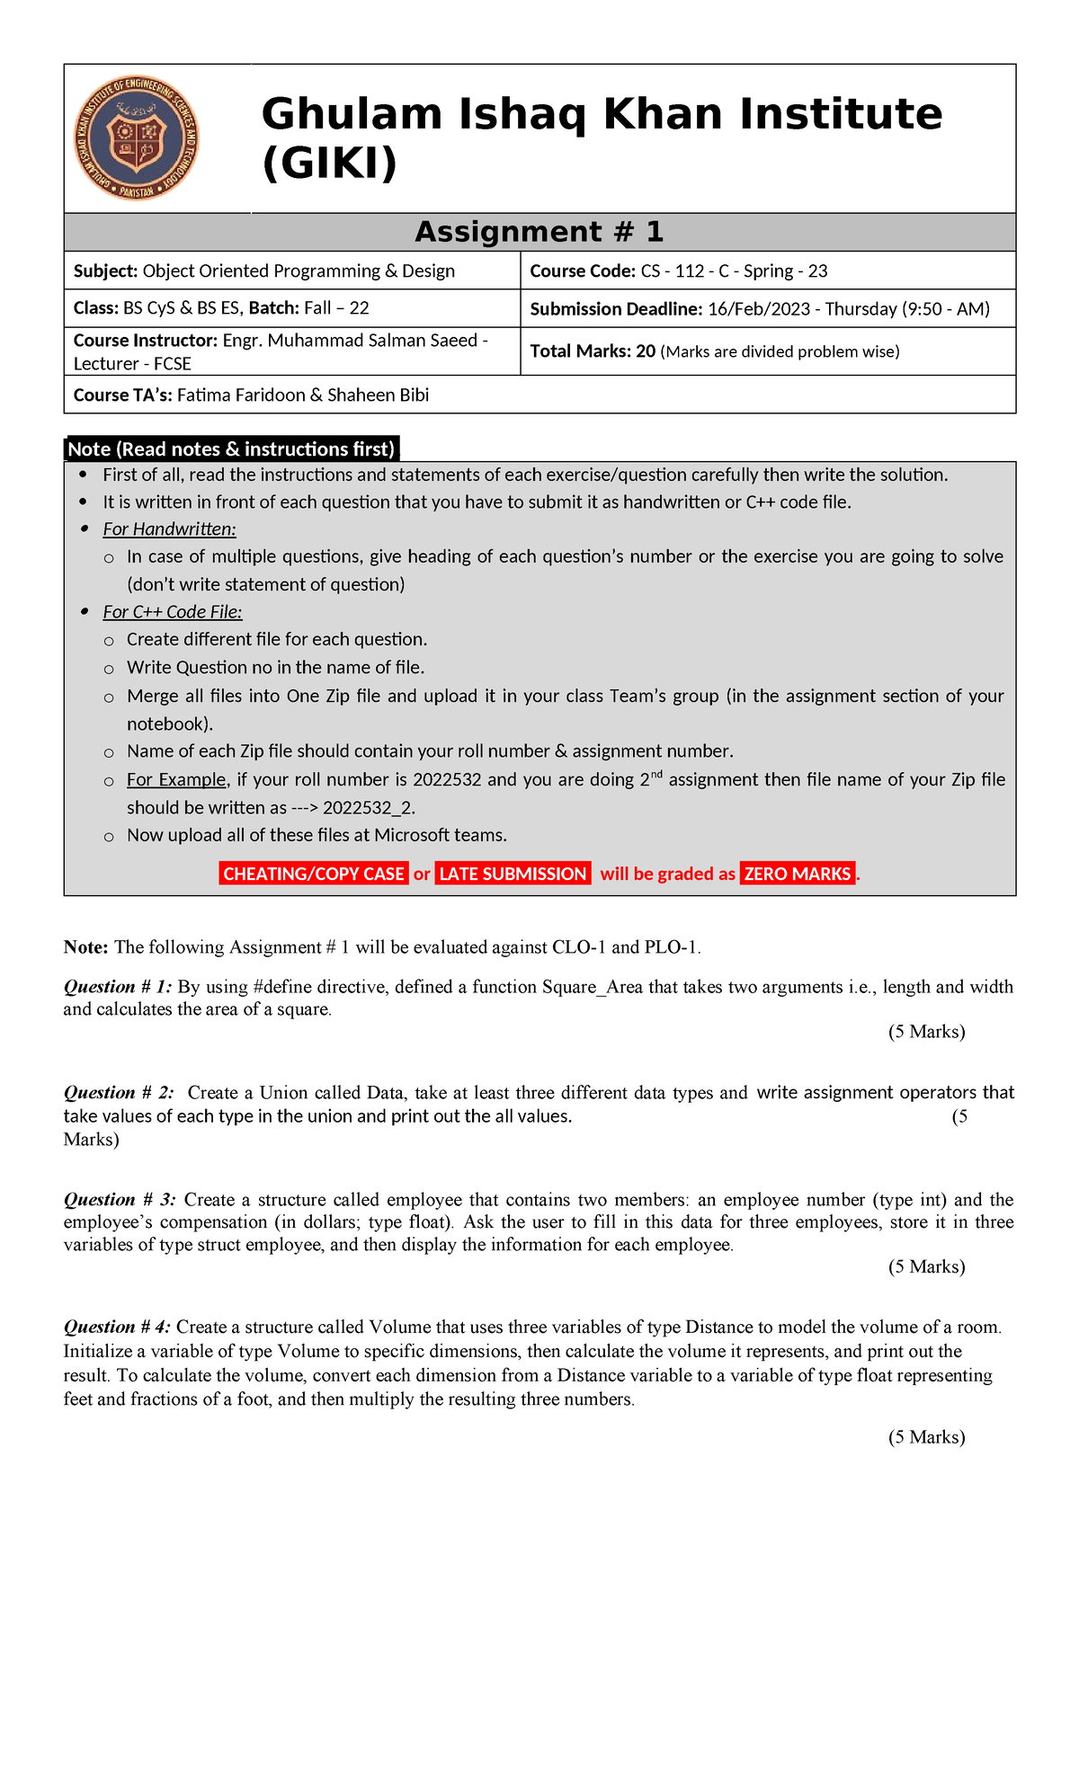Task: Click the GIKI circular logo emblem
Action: [x=136, y=138]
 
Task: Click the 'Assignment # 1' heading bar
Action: [x=539, y=232]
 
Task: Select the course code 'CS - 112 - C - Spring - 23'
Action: [x=734, y=271]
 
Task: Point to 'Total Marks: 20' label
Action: [x=593, y=351]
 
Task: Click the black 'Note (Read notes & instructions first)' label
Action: [x=232, y=448]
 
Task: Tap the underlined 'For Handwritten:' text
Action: [x=169, y=529]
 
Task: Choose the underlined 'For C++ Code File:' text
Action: [x=173, y=612]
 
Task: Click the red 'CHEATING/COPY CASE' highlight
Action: [x=313, y=874]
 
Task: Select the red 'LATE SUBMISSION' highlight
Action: [x=513, y=874]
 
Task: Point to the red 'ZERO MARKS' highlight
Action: [x=798, y=874]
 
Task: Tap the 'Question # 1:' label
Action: [x=118, y=987]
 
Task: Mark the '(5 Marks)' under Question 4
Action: [x=926, y=1437]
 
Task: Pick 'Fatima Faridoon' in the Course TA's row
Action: [x=240, y=395]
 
